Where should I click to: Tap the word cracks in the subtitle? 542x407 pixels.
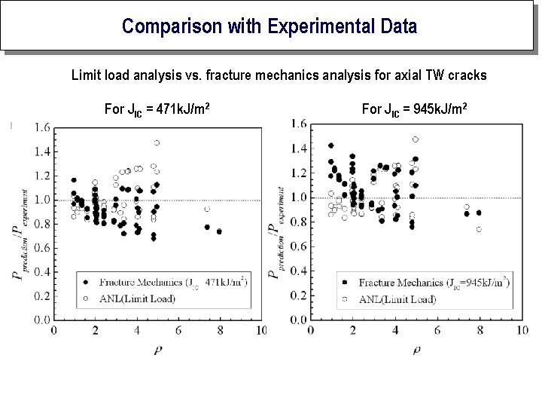pos(467,75)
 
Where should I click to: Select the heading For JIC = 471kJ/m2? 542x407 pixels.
pos(157,110)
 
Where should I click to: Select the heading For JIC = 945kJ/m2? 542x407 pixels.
pos(415,110)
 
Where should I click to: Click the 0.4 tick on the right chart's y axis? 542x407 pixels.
pos(299,270)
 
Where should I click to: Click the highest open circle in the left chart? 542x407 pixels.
pos(157,142)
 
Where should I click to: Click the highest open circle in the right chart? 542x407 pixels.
pos(416,139)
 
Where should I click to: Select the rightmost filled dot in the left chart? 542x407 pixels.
pos(219,231)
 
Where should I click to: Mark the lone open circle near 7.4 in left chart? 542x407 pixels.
pos(207,209)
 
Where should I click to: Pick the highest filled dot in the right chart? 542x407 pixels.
pos(330,145)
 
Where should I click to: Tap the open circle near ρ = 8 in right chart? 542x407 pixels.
pos(479,229)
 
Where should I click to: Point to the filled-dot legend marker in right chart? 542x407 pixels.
pos(344,283)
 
